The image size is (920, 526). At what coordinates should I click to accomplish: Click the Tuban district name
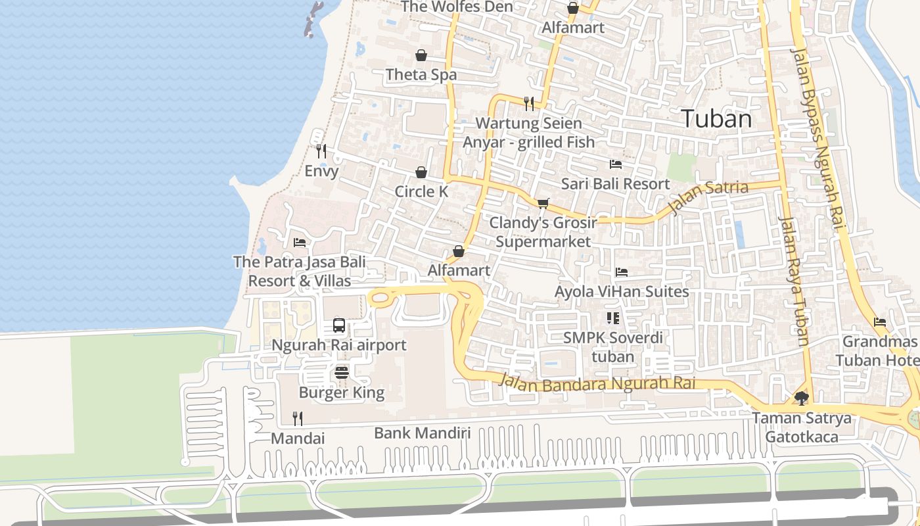tap(716, 119)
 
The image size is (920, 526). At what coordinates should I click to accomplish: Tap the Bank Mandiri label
tap(423, 433)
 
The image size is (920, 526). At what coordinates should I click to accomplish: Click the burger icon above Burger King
tap(341, 373)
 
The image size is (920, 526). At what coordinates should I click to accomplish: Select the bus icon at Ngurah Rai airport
tap(339, 325)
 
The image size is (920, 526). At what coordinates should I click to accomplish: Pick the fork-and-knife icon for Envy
tap(321, 151)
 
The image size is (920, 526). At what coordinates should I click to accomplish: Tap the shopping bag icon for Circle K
tap(421, 172)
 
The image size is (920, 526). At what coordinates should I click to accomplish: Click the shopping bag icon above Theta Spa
tap(421, 55)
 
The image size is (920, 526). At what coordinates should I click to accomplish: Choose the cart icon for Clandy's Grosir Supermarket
tap(543, 203)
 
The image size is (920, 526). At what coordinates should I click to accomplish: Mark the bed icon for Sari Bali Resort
tap(616, 164)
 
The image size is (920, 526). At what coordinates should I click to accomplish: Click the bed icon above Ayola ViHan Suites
tap(622, 272)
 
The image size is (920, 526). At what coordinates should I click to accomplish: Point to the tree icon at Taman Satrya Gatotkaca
tap(801, 398)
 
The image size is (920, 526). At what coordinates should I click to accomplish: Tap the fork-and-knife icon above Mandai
tap(298, 418)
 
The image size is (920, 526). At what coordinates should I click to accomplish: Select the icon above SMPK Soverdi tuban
tap(613, 319)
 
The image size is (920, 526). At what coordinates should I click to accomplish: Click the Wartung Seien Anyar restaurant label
tap(528, 133)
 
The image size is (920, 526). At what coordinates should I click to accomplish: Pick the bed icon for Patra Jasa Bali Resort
tap(300, 242)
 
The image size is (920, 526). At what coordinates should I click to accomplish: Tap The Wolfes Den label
tap(457, 7)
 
